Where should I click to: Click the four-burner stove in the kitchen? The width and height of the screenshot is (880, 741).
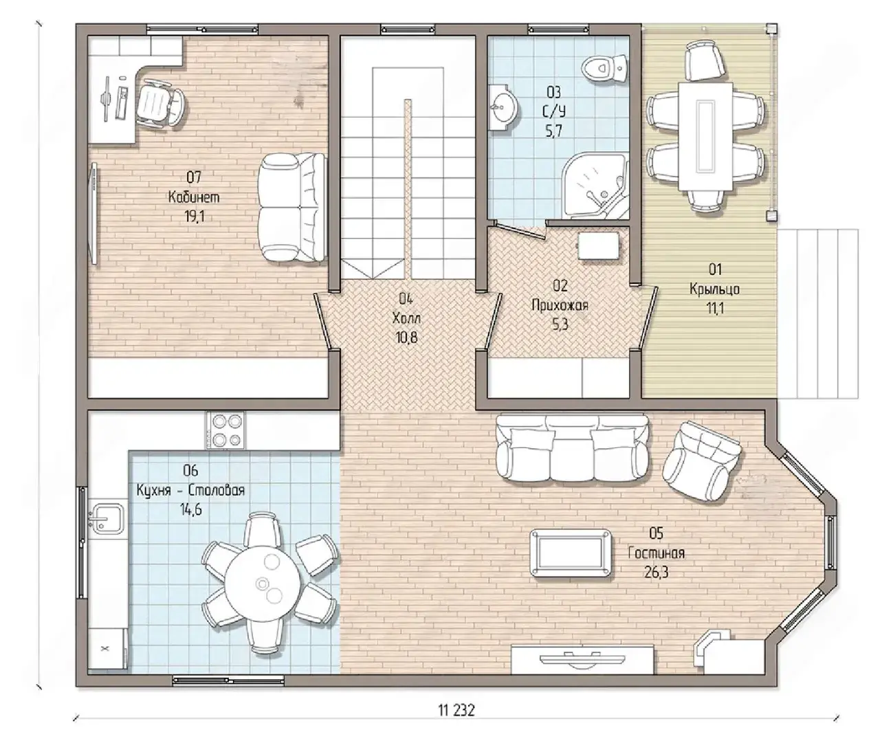pyautogui.click(x=225, y=430)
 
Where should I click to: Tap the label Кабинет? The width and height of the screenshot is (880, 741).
pyautogui.click(x=194, y=197)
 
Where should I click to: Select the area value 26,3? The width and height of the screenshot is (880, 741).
pyautogui.click(x=656, y=573)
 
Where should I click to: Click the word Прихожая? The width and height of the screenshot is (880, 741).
pyautogui.click(x=560, y=305)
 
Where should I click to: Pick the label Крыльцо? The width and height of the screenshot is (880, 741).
pyautogui.click(x=715, y=289)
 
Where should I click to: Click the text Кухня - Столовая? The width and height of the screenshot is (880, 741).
pyautogui.click(x=190, y=490)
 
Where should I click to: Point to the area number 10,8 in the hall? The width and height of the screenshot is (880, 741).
pyautogui.click(x=406, y=338)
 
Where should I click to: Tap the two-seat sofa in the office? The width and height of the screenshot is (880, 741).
pyautogui.click(x=292, y=208)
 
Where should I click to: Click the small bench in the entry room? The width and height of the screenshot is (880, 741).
pyautogui.click(x=599, y=245)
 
